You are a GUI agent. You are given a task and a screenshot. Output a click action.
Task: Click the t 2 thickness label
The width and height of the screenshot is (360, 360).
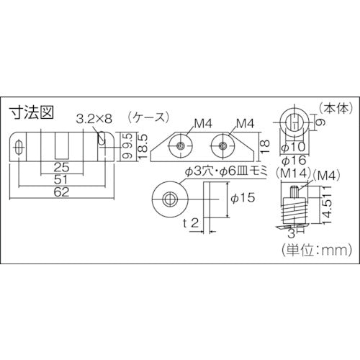tap(192, 222)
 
